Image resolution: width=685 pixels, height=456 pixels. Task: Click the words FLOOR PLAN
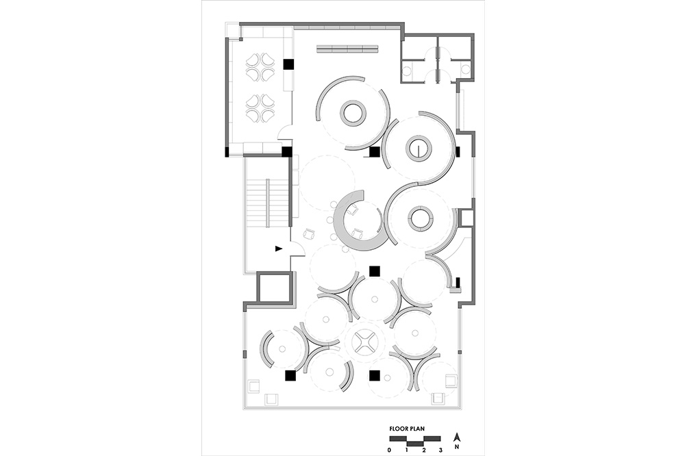[x=407, y=429]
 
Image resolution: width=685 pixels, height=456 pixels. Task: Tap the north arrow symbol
[x=456, y=437]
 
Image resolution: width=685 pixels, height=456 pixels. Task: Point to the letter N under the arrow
[x=456, y=447]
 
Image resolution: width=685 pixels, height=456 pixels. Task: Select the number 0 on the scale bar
[x=389, y=449]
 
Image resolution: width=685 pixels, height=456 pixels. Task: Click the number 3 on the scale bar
[x=440, y=449]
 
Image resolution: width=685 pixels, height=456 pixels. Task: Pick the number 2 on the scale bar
[x=424, y=449]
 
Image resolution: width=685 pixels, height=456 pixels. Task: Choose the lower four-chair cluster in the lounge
[x=260, y=108]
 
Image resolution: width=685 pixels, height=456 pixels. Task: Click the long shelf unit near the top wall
[x=347, y=49]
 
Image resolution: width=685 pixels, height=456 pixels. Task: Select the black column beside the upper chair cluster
[x=288, y=64]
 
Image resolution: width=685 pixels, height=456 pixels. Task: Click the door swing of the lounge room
[x=285, y=131]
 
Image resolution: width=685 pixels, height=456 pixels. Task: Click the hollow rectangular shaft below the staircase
[x=273, y=288]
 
